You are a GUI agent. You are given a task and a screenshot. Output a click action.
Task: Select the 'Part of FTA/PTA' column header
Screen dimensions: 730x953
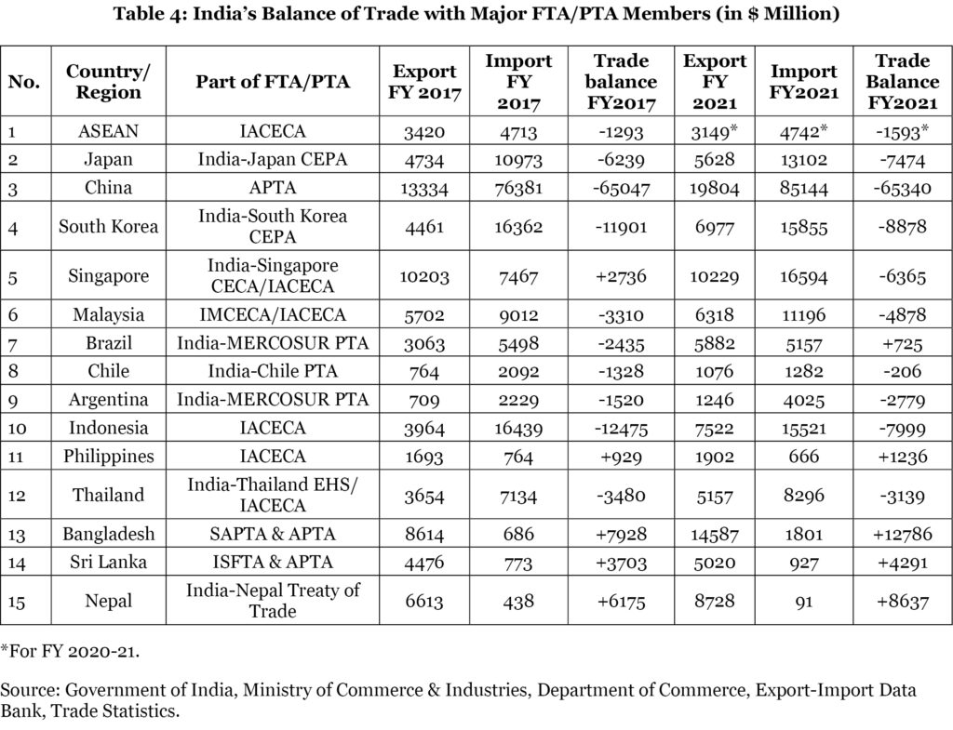click(273, 81)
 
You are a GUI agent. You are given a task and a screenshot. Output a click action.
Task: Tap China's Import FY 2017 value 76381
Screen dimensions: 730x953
click(518, 188)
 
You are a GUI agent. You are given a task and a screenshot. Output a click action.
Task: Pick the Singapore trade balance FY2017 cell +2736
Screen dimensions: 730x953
click(621, 274)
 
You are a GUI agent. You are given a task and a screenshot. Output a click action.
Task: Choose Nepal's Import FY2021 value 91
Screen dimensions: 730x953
click(803, 602)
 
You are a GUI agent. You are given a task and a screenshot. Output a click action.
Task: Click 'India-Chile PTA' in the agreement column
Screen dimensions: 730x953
click(273, 372)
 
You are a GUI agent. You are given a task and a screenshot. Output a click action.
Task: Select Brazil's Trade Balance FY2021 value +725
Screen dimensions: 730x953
click(901, 344)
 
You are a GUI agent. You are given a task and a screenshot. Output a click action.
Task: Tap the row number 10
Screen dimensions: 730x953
click(19, 429)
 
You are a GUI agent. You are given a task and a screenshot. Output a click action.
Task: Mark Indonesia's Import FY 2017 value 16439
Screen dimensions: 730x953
click(518, 429)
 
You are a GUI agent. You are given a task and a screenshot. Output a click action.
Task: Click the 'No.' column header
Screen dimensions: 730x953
click(24, 81)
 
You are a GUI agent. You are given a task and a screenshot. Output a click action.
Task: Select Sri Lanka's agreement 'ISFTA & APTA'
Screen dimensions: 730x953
click(273, 562)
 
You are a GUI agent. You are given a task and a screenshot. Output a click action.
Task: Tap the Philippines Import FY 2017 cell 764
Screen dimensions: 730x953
click(518, 457)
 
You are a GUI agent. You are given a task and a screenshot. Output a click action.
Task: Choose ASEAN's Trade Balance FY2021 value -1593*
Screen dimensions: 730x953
click(901, 131)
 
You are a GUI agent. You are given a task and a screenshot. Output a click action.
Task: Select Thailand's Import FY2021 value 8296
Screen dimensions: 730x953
click(803, 495)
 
